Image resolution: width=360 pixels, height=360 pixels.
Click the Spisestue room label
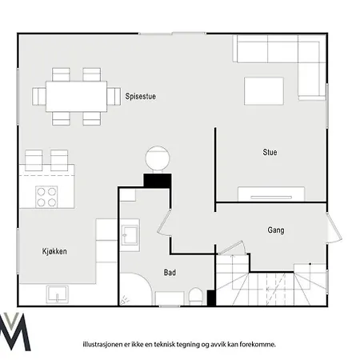tap(141, 96)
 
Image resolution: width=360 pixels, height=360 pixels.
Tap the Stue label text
tap(270, 152)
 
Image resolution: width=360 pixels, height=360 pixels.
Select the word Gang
tap(276, 230)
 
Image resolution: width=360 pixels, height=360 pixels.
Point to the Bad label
tap(170, 273)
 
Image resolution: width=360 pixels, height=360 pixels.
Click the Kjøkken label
tap(54, 251)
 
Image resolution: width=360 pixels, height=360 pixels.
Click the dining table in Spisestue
tap(76, 97)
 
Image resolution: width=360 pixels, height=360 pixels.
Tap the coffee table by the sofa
tap(264, 91)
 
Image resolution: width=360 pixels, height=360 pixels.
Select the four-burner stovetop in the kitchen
tap(46, 197)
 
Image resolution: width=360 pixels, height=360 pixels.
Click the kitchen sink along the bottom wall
tap(57, 294)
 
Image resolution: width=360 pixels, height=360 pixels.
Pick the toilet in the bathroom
tap(195, 296)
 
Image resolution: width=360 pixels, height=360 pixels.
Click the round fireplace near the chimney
tap(158, 158)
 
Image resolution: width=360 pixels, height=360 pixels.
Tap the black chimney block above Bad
tap(158, 181)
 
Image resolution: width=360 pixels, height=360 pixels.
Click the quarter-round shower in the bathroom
tap(136, 289)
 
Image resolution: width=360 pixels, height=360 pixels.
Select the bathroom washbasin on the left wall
tap(130, 235)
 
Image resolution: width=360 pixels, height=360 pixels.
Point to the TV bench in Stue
tap(271, 194)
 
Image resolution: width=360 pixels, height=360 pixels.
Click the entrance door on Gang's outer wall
tap(334, 227)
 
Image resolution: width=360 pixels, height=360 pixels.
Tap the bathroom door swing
tap(164, 222)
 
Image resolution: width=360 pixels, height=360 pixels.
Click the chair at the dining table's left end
tap(39, 97)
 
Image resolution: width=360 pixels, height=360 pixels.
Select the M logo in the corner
tap(15, 331)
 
